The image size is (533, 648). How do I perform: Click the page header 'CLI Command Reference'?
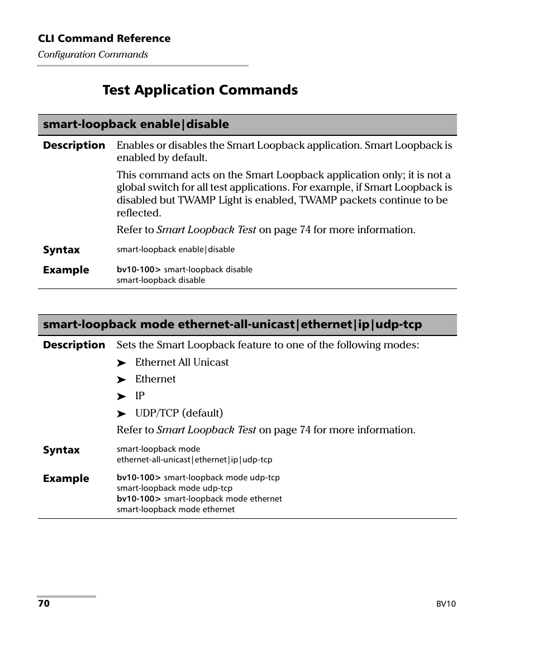104,39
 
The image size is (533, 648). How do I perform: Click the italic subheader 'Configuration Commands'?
93,54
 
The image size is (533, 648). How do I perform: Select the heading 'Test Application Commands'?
200,90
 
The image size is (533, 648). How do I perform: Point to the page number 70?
44,604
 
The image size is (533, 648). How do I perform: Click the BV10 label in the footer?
446,604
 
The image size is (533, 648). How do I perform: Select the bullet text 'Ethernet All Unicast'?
182,362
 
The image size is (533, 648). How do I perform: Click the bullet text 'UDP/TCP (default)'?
179,413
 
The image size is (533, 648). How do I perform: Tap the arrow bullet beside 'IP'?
121,397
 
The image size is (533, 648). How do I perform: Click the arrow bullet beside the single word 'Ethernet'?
121,380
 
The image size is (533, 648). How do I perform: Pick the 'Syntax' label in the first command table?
61,250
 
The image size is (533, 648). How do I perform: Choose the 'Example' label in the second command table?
66,479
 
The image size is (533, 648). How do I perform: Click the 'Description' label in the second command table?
74,345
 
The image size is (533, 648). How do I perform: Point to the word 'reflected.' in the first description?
139,213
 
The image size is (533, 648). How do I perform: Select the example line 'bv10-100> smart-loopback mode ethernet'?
199,499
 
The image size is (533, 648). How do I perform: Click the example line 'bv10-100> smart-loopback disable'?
184,269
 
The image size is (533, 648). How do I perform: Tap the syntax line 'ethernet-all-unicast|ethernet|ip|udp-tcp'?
194,460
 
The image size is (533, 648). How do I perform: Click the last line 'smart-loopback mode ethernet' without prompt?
175,509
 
